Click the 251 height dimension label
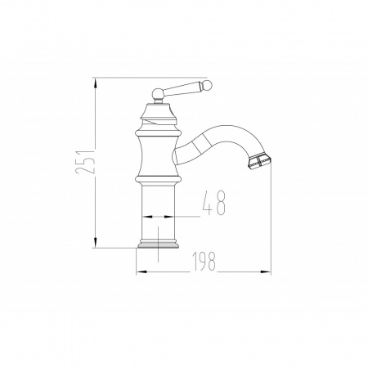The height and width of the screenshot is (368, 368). (x=85, y=162)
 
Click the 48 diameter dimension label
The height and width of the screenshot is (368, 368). (x=214, y=203)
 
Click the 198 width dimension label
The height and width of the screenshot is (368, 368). (x=204, y=261)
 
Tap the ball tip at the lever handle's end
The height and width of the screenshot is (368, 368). (x=208, y=84)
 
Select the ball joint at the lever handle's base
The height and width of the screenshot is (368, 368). (x=158, y=94)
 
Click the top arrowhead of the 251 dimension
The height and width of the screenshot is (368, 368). (x=95, y=83)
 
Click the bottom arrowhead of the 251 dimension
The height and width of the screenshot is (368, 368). (x=95, y=243)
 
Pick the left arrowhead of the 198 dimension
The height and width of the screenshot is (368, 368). (x=141, y=272)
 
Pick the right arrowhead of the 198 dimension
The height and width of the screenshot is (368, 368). (x=266, y=272)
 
